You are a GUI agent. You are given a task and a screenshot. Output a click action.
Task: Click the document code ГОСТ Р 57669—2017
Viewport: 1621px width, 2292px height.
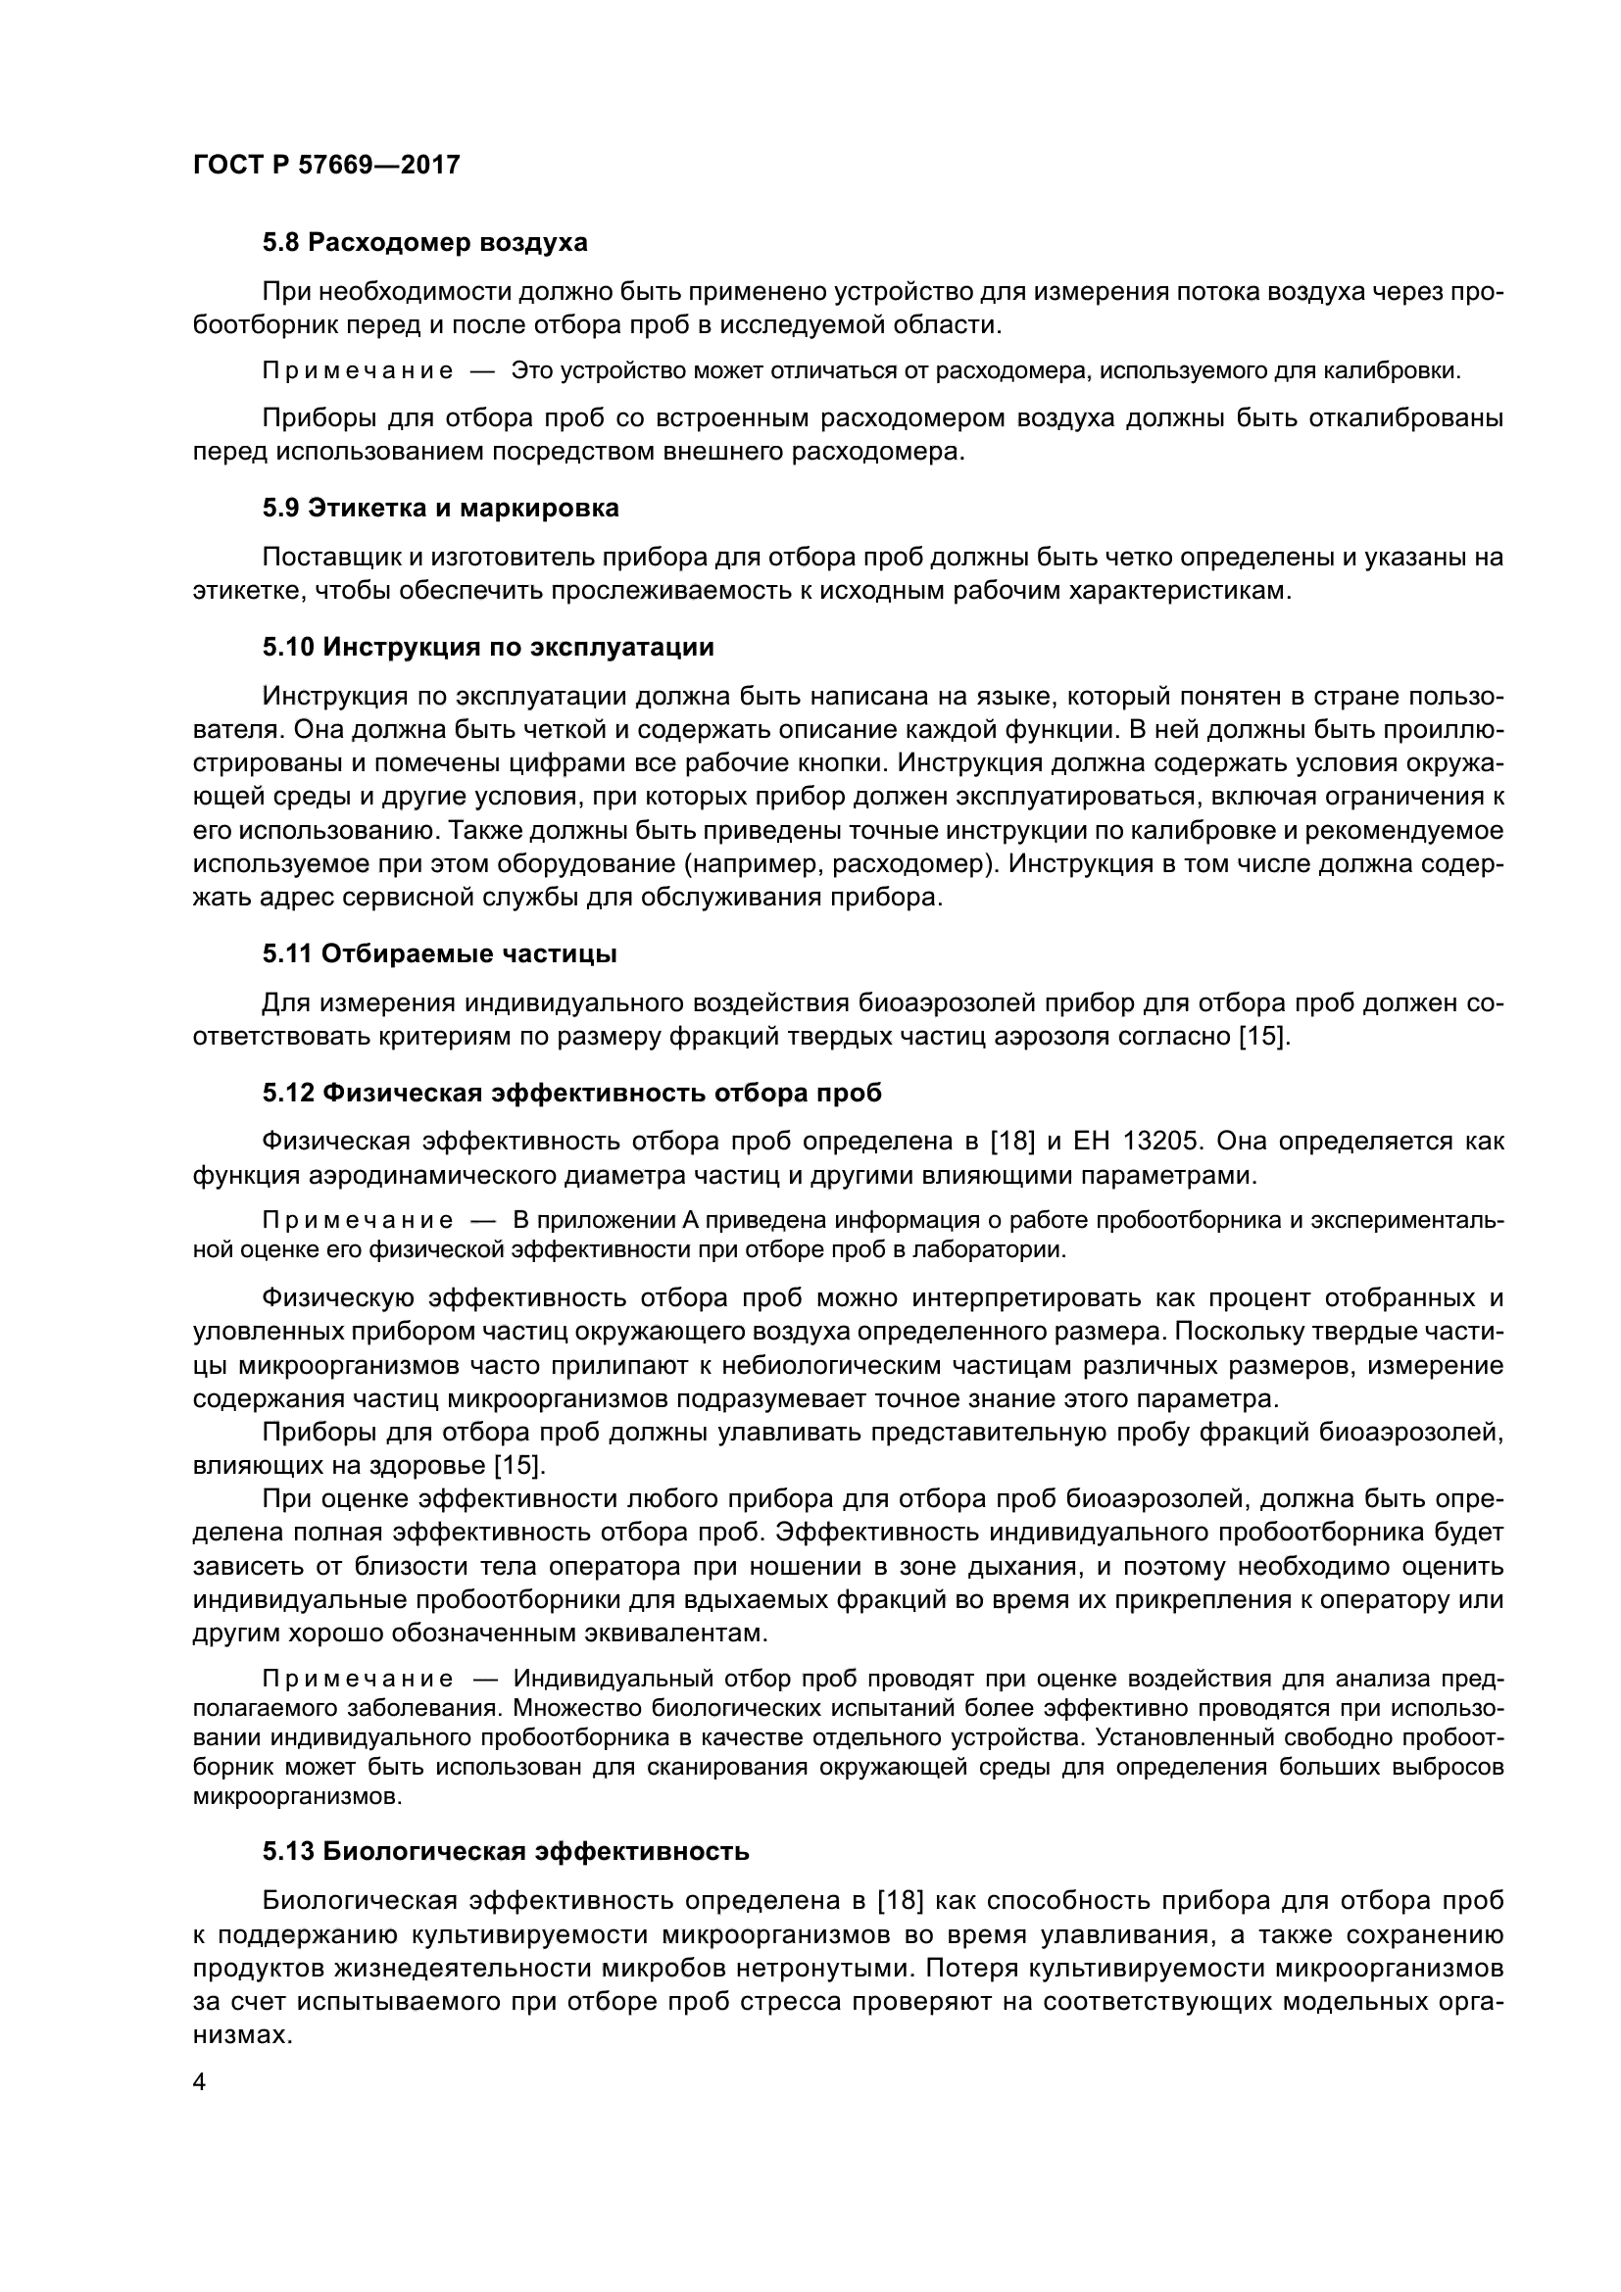tap(326, 165)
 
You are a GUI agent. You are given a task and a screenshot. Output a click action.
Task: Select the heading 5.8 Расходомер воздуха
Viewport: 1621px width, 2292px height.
tap(424, 243)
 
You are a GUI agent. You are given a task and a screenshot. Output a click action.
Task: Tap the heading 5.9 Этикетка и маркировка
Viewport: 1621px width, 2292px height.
tap(440, 509)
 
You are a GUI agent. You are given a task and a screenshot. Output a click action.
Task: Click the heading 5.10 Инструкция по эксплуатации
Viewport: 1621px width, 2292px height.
tap(488, 647)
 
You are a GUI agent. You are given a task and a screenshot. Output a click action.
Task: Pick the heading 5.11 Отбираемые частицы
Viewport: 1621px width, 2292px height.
tap(439, 954)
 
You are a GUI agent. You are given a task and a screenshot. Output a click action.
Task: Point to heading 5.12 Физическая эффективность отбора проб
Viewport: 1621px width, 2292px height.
tap(572, 1094)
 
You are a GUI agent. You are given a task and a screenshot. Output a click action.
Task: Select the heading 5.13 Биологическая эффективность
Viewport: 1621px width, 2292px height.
tap(505, 1852)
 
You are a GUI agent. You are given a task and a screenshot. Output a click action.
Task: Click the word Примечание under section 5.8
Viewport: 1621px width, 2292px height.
tap(358, 371)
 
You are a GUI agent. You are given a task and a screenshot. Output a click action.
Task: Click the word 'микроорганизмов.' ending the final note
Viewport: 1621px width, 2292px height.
tap(299, 1798)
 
